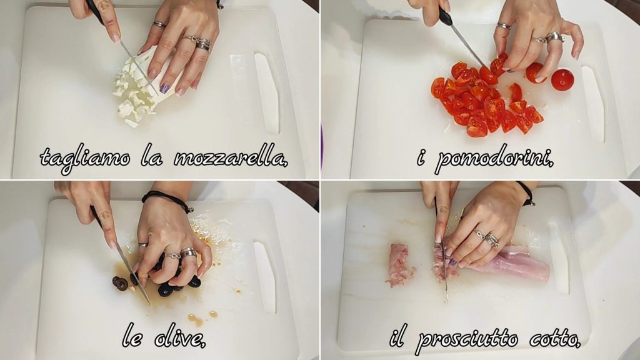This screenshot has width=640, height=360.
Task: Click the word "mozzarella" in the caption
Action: tap(231, 157)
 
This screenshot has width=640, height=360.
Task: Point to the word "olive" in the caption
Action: tap(179, 338)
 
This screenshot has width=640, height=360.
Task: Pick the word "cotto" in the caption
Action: tap(554, 339)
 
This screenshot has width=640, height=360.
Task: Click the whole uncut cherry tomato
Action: tap(562, 80)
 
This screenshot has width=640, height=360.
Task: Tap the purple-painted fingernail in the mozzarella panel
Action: tap(164, 88)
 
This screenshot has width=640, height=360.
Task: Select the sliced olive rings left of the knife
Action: tap(120, 283)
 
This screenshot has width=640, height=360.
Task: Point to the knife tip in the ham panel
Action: tap(446, 301)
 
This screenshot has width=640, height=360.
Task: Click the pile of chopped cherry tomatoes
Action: tap(486, 100)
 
